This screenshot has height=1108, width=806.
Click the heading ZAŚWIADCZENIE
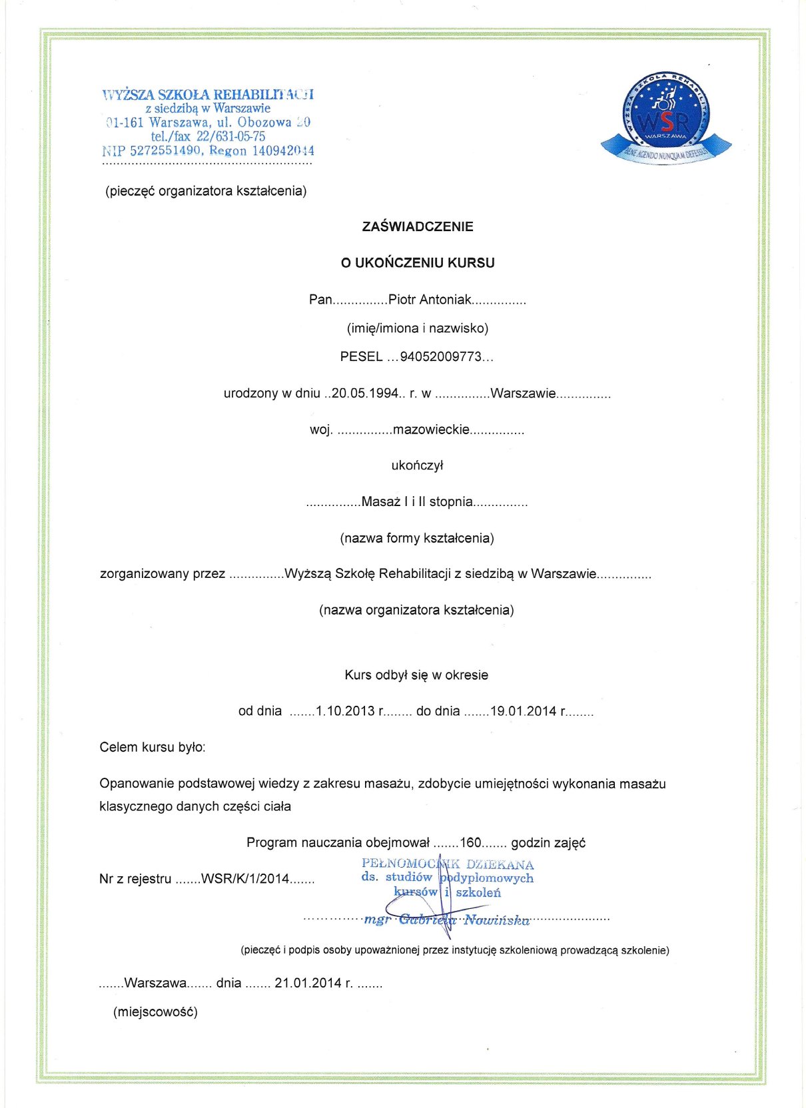click(x=418, y=226)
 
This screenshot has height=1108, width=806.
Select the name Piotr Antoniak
click(x=430, y=300)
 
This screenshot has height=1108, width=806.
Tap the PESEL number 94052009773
click(x=440, y=357)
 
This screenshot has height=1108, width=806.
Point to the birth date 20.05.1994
click(x=365, y=394)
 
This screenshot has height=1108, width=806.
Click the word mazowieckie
click(x=431, y=430)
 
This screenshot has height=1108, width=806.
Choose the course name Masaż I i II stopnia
click(x=417, y=502)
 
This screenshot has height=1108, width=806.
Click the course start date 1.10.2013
click(x=345, y=711)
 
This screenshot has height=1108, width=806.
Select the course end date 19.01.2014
click(x=523, y=711)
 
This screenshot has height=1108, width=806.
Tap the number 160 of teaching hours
click(x=470, y=843)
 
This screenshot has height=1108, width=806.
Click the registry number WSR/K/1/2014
click(x=245, y=879)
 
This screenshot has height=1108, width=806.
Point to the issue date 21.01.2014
click(x=308, y=983)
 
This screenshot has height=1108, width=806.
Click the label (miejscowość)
click(x=155, y=1012)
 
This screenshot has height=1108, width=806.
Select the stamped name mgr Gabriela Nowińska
click(x=447, y=920)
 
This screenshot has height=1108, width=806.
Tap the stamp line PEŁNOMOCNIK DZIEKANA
click(x=448, y=865)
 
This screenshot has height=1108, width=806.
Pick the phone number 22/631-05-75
click(x=230, y=137)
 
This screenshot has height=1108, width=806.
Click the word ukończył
click(x=417, y=466)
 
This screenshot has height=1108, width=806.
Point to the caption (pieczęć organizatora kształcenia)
click(x=206, y=191)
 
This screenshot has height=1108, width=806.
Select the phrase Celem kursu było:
click(x=153, y=748)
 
